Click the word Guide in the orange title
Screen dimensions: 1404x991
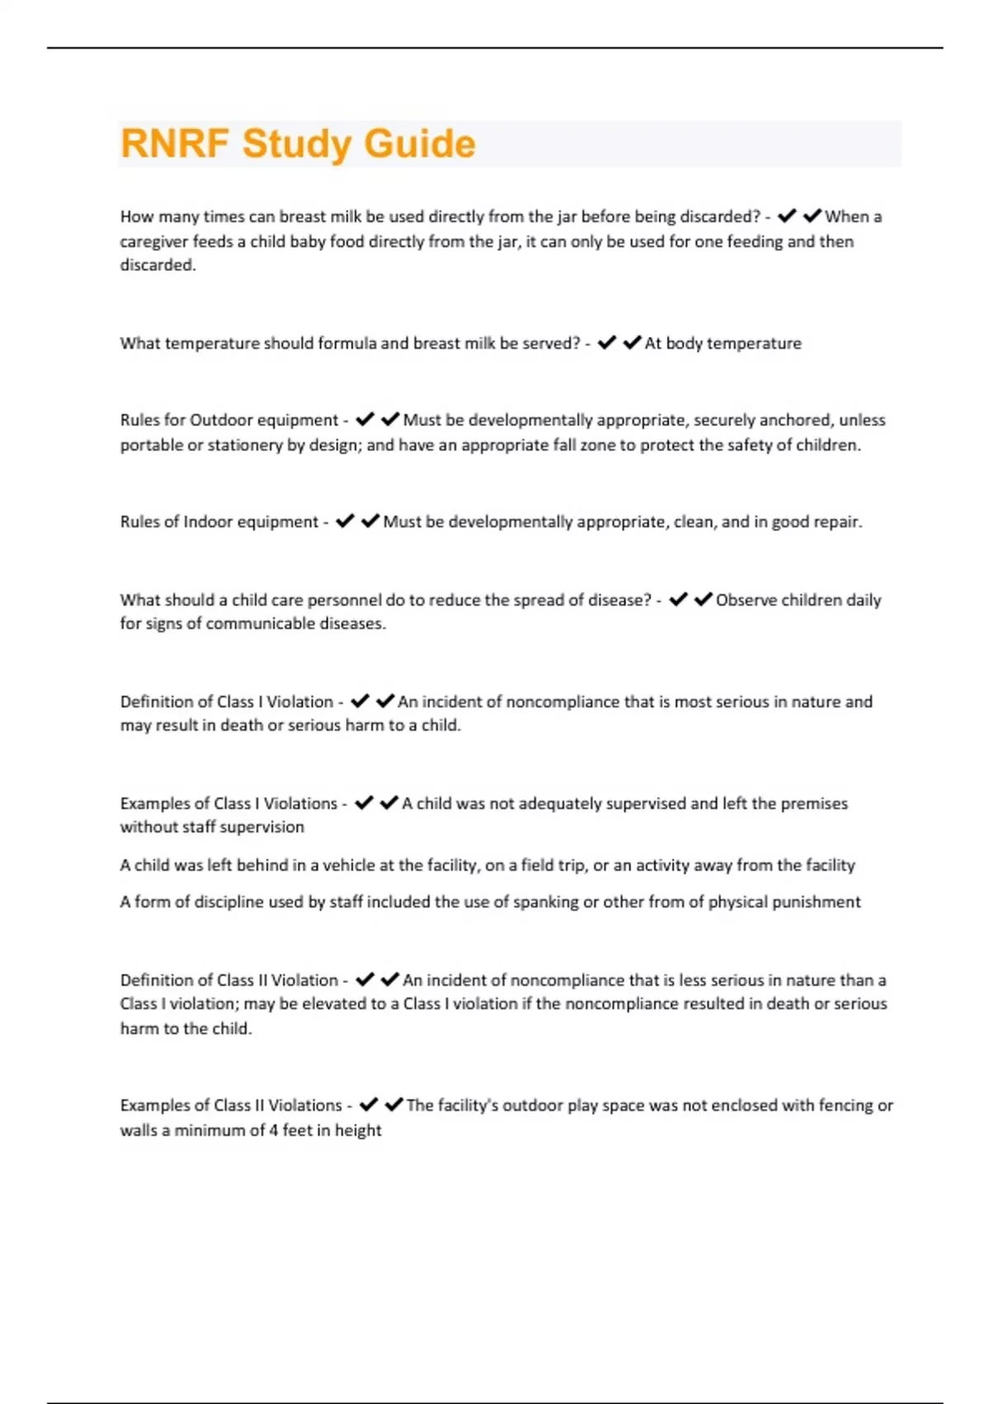pos(420,144)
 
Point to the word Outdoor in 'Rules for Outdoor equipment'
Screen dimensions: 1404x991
pos(220,420)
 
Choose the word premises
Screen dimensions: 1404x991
pos(813,804)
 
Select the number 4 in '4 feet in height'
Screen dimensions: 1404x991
pos(273,1131)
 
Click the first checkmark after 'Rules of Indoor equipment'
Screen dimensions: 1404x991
pos(345,521)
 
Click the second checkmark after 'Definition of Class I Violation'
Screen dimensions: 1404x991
pos(385,701)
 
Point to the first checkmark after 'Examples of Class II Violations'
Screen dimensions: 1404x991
pos(368,1105)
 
